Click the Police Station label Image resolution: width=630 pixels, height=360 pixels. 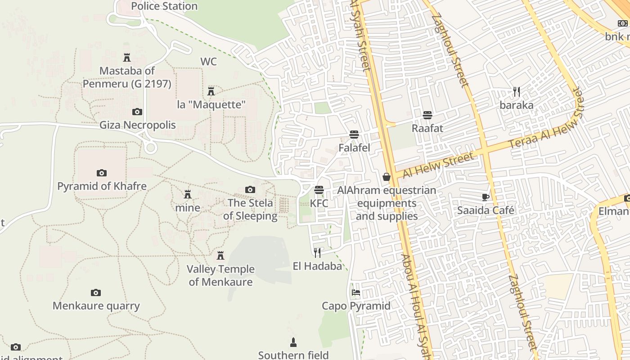click(164, 6)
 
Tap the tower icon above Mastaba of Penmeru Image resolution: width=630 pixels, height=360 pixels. click(127, 58)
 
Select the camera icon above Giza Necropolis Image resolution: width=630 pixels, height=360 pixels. click(137, 112)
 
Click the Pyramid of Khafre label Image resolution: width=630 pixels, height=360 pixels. click(102, 186)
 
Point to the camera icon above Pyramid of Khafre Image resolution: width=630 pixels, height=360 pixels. click(102, 173)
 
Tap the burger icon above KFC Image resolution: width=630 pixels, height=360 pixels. click(319, 190)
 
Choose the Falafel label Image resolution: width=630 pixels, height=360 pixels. click(354, 148)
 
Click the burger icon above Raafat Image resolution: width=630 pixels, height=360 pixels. click(427, 115)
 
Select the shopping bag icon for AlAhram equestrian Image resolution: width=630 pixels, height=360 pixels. click(387, 177)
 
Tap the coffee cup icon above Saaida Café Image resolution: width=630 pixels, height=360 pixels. click(486, 197)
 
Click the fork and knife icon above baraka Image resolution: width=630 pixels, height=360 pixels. click(517, 92)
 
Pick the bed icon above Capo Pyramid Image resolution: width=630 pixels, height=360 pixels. click(356, 292)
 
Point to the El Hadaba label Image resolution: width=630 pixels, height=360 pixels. click(317, 266)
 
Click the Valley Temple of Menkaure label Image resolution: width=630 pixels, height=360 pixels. click(220, 275)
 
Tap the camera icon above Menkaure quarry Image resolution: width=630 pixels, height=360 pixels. click(96, 293)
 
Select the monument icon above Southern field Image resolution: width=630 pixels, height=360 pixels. click(293, 342)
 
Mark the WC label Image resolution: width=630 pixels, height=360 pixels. click(208, 62)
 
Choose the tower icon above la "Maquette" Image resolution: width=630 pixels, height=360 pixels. click(211, 91)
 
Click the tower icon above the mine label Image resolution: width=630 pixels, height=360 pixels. click(188, 194)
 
